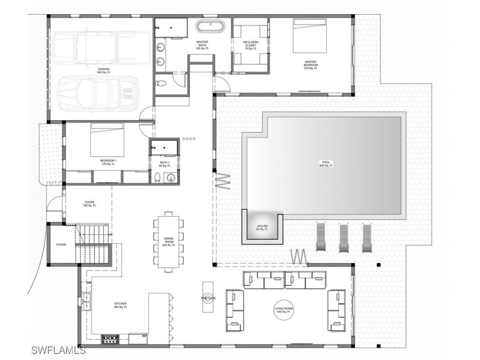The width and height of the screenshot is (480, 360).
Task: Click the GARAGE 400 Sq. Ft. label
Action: (104, 71)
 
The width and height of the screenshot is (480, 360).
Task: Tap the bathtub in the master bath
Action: (211, 26)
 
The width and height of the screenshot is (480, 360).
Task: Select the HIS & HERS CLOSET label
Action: (250, 45)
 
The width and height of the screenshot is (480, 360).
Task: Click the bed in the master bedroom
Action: (309, 36)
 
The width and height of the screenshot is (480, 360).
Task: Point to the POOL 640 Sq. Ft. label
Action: (326, 164)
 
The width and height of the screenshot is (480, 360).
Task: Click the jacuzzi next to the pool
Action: (262, 227)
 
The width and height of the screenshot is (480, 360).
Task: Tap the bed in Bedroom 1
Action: (107, 140)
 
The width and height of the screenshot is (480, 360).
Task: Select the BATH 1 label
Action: (164, 164)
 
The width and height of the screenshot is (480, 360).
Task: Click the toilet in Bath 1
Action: (158, 177)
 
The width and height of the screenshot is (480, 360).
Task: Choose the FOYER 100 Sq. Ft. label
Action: (89, 204)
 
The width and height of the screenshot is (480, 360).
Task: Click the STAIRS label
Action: (61, 245)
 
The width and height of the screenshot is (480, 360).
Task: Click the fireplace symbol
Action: (208, 297)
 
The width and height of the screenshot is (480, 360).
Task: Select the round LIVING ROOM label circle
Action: (284, 310)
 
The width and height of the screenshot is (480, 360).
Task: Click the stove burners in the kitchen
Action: (111, 339)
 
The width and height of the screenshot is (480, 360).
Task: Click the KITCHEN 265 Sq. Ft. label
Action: (120, 305)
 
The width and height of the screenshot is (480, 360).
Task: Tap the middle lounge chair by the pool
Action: (344, 238)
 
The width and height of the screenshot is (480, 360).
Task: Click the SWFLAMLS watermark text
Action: (59, 350)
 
